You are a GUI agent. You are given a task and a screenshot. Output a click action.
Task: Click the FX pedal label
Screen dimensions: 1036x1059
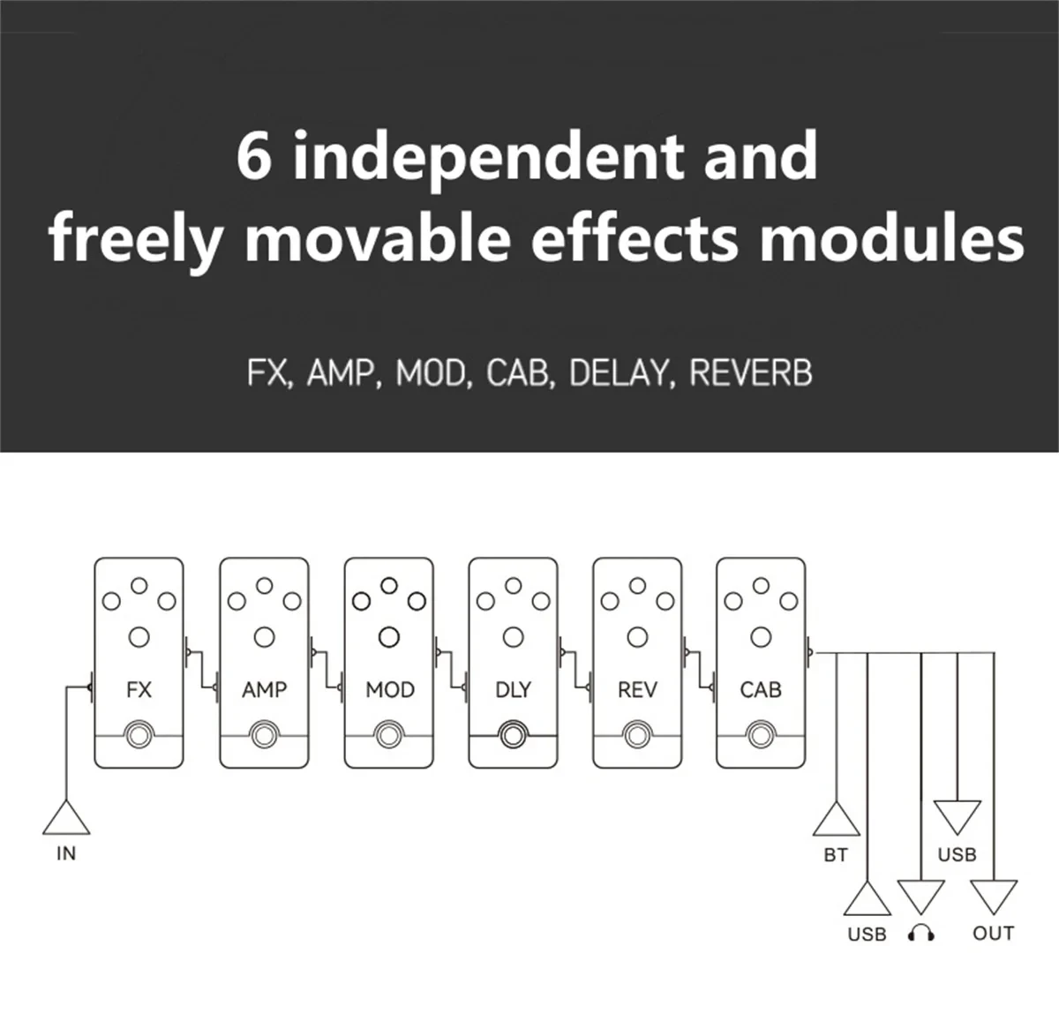click(x=139, y=689)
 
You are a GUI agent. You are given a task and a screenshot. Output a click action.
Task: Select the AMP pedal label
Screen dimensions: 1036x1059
click(x=264, y=689)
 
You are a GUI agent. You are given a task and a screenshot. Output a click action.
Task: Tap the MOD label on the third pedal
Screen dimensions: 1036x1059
click(x=389, y=689)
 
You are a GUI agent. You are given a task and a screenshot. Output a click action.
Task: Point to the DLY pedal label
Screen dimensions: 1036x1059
click(x=513, y=689)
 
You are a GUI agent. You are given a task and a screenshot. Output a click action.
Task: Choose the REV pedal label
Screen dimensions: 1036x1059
click(x=637, y=689)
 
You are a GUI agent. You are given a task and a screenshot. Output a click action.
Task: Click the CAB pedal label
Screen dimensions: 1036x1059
click(x=761, y=689)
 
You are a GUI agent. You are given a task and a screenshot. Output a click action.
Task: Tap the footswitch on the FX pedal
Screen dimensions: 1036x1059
click(x=139, y=734)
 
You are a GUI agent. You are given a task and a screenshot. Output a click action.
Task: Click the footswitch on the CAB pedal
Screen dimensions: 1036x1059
click(x=761, y=734)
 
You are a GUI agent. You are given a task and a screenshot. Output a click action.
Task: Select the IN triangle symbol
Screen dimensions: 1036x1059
click(x=66, y=818)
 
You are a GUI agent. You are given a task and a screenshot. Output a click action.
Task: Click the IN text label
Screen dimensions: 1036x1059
click(x=66, y=853)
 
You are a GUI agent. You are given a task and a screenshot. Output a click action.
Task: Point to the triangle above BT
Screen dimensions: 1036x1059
click(x=836, y=820)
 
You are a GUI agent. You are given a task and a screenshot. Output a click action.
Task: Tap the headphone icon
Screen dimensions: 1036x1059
click(x=921, y=934)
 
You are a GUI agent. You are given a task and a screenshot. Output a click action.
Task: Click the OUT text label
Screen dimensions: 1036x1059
click(x=993, y=933)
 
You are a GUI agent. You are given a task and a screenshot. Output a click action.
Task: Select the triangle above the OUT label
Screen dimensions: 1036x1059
click(x=994, y=897)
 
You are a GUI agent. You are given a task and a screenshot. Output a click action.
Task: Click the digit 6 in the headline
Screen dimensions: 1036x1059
click(x=254, y=157)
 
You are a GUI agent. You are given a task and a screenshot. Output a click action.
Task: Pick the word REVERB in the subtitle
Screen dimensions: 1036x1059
click(x=750, y=373)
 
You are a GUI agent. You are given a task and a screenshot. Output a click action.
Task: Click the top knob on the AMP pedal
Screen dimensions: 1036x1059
click(x=264, y=584)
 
